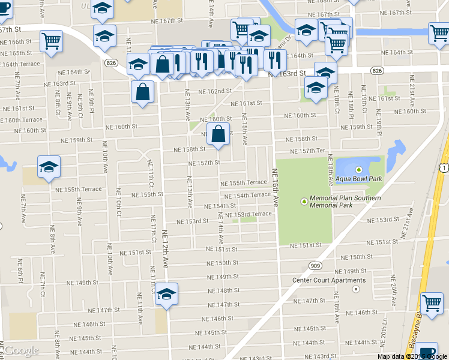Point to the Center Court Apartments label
pyautogui.click(x=329, y=280)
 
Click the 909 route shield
pyautogui.click(x=315, y=265)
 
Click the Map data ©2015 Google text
pyautogui.click(x=412, y=356)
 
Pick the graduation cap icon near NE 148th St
pyautogui.click(x=166, y=294)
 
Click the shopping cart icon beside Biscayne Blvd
pyautogui.click(x=432, y=303)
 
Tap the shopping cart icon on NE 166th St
pyautogui.click(x=51, y=41)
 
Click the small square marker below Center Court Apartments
pyautogui.click(x=356, y=289)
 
